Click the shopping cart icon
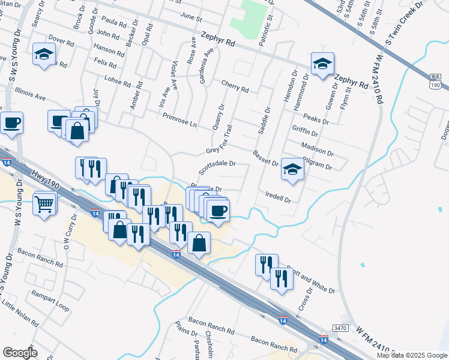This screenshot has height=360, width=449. point(44,205)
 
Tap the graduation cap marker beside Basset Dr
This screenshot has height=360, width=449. point(293,170)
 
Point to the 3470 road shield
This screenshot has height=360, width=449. point(340,328)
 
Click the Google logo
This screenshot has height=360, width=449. point(20,353)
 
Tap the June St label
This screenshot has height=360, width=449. point(191,18)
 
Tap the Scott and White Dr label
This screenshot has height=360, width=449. point(310,279)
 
